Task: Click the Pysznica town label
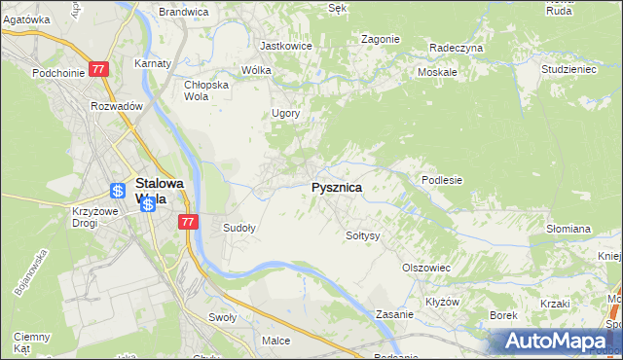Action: coord(337,187)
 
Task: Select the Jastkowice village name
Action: coord(285,45)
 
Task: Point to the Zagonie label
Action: coord(380,39)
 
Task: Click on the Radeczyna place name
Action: coord(456,47)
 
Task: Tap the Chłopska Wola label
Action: coord(205,90)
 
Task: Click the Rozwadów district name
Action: coord(117,106)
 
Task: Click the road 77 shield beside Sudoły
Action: coord(189,222)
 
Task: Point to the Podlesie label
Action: coord(441,180)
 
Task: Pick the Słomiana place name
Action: coord(568,229)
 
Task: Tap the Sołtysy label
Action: coord(362,235)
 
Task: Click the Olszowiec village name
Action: coord(425,267)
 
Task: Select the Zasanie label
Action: coord(395,315)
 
